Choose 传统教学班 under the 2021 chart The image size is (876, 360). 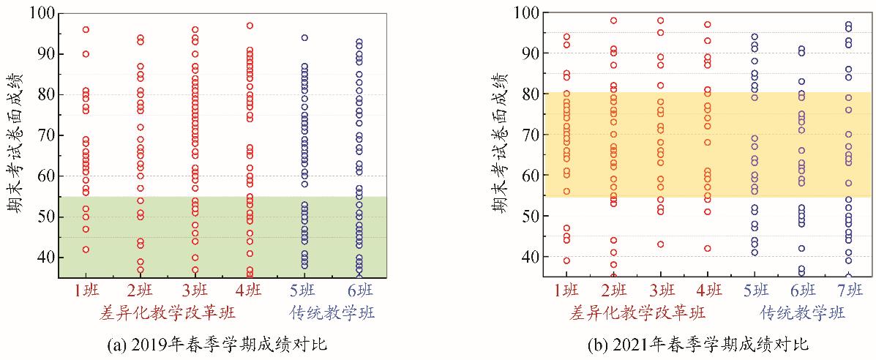click(x=803, y=313)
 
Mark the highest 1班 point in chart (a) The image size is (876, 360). click(x=86, y=29)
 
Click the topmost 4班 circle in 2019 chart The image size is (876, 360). click(x=250, y=26)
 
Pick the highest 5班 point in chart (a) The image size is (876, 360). click(x=304, y=37)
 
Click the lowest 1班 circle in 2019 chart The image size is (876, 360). click(x=86, y=250)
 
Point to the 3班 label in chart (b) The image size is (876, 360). click(x=660, y=291)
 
